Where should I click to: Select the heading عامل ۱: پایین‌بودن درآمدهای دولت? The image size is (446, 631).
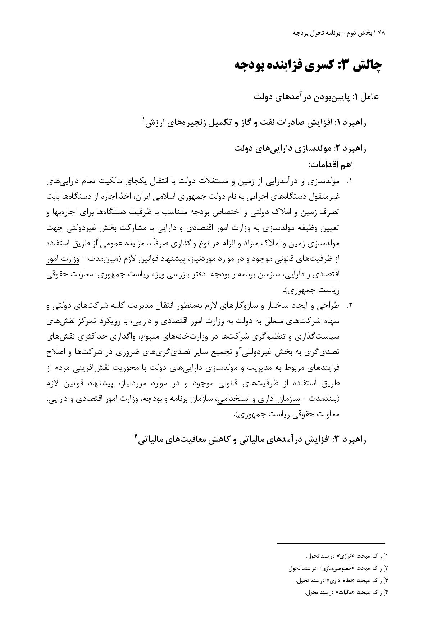[x=316, y=97]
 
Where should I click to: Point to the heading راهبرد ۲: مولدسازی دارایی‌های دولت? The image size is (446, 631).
[x=300, y=149]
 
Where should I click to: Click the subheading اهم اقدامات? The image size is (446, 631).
[x=331, y=165]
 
